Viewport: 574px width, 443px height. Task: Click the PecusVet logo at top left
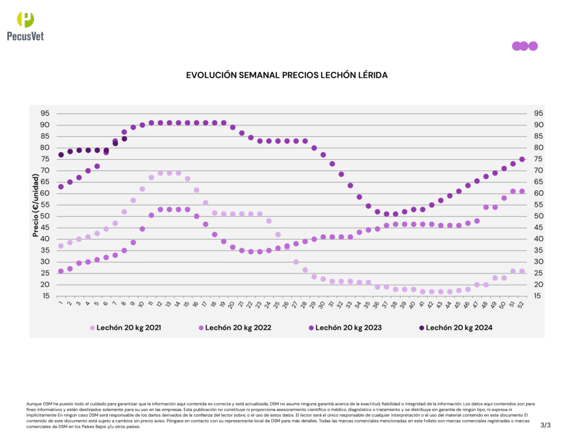25,26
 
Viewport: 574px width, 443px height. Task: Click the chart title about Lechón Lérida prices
286,74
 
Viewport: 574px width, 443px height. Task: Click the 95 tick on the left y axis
44,113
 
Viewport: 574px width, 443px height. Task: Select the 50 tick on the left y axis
44,216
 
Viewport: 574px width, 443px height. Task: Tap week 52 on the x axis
522,304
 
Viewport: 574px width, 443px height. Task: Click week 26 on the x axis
286,304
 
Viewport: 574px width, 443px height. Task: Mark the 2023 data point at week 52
522,159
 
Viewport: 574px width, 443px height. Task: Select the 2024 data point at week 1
61,155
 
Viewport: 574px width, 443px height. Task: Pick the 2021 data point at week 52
522,271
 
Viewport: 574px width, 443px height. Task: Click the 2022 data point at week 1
61,271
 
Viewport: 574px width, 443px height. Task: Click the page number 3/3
545,425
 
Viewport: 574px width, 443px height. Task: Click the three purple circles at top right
525,46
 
